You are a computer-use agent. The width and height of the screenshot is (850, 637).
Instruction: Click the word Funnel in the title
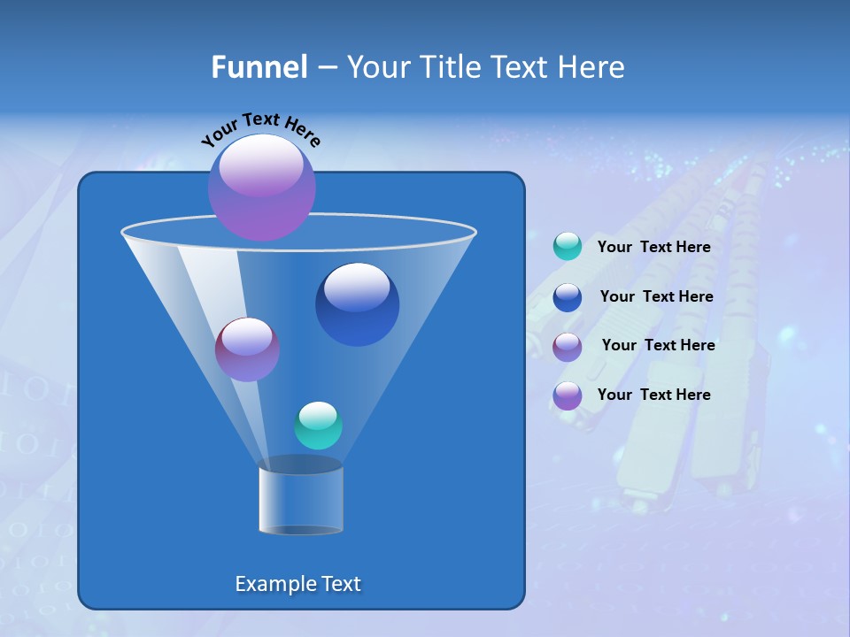259,67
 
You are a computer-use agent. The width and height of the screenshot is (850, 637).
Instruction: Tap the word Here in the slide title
591,67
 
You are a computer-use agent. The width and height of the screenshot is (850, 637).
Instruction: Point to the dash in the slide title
327,67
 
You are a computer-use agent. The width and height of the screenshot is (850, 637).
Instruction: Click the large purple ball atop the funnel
262,187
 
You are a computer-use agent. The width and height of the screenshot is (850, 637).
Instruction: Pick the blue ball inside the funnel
357,304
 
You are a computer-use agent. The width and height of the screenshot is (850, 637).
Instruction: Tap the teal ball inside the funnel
318,426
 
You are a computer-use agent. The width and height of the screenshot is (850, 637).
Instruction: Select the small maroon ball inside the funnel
247,349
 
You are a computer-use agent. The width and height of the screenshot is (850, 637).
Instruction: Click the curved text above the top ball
260,129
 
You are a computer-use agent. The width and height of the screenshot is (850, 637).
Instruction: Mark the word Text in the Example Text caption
339,584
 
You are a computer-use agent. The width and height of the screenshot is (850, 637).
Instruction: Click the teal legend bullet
568,247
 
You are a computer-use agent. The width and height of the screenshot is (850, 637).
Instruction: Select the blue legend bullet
568,297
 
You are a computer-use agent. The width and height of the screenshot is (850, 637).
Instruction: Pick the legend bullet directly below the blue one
568,346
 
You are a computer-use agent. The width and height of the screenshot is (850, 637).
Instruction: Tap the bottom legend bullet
568,395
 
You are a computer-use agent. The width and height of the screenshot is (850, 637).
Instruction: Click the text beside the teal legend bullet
653,248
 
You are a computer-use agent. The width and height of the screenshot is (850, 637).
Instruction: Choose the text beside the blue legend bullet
656,297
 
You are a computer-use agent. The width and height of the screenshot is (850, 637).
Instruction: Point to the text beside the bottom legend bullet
653,395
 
